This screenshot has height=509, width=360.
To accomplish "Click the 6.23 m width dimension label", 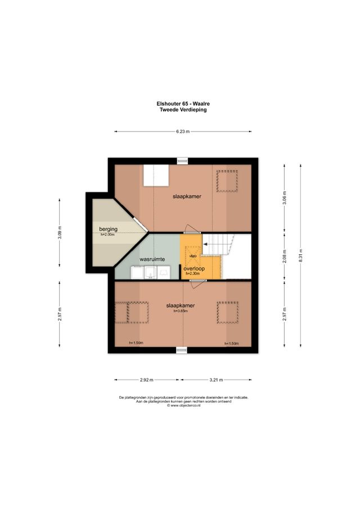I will pos(182,132).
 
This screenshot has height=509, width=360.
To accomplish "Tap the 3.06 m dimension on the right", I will pos(284,200).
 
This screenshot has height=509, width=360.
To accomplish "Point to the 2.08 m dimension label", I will pos(284,256).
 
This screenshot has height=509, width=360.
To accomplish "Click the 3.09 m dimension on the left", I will pos(60,232).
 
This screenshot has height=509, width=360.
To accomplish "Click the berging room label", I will pos(108,229).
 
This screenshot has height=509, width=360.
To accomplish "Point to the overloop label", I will pos(194,269).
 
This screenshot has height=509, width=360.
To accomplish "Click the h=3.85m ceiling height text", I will pos(180,311).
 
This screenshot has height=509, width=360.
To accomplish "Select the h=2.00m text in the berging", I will pos(108,235).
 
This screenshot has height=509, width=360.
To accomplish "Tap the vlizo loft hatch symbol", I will pos(193,256).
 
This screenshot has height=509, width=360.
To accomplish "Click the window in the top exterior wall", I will pos(182,161).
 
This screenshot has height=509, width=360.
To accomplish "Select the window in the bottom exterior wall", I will pos(182,350).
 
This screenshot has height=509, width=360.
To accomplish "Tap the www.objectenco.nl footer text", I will pos(183,405).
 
